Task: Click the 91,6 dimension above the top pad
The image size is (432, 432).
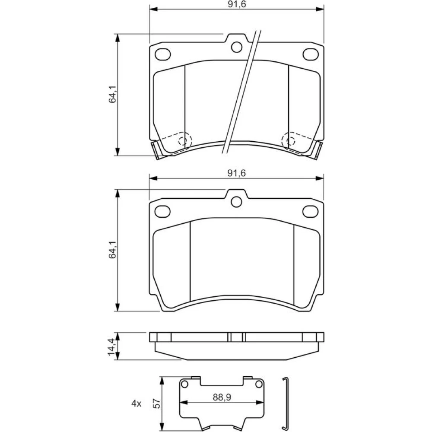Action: point(237,5)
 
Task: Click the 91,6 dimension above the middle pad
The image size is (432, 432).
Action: point(237,173)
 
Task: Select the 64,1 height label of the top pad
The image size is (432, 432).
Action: point(112,94)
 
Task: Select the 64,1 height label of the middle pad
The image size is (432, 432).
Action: point(112,250)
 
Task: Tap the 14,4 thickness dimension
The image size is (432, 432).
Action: point(111,346)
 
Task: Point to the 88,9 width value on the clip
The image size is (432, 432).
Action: point(222,397)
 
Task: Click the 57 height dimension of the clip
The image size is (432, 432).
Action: point(156,403)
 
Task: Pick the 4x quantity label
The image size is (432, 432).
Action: point(136,404)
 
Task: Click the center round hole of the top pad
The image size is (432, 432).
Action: point(237,47)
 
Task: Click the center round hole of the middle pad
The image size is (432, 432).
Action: point(236,202)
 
